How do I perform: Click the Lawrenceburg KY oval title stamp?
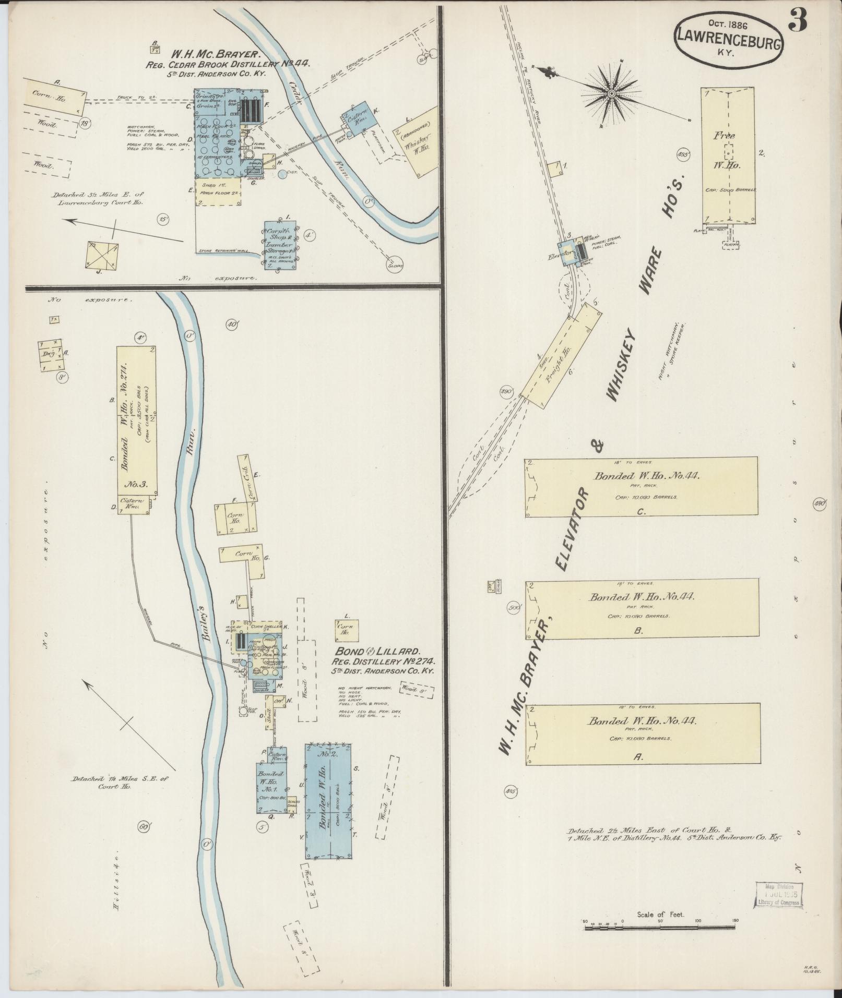(x=729, y=39)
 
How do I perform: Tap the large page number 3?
(x=799, y=20)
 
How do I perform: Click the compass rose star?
(x=611, y=93)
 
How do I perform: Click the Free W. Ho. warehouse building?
(x=727, y=155)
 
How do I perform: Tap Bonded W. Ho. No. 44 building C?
(x=641, y=487)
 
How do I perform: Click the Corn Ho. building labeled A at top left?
(x=54, y=97)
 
